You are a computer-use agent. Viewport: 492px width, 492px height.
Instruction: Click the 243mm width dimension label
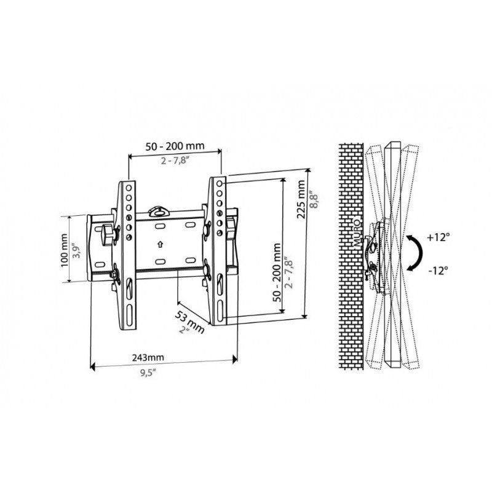148,357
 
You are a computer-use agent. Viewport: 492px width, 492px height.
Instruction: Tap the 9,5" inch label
148,373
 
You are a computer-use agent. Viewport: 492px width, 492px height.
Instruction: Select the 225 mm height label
301,199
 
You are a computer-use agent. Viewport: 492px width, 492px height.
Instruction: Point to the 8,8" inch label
314,200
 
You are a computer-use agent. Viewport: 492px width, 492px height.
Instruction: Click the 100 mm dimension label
65,250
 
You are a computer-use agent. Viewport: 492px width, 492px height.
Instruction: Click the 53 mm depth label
189,322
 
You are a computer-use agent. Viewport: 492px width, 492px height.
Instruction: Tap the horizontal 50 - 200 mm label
175,146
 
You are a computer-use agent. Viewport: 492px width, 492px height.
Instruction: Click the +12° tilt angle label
437,237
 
